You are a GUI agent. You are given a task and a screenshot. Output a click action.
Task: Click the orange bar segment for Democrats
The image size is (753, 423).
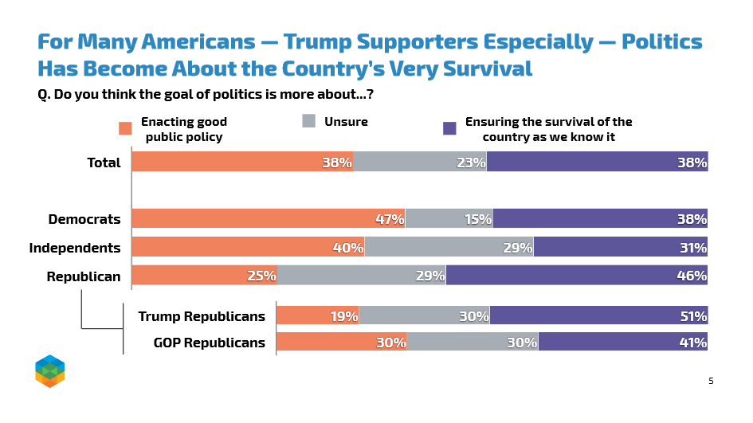click(x=268, y=219)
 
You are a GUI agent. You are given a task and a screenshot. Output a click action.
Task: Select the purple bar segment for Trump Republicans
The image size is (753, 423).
click(x=598, y=316)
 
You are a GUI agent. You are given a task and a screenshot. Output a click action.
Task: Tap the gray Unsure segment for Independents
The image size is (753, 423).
click(x=449, y=248)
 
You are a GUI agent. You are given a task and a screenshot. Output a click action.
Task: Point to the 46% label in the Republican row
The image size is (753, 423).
click(x=693, y=276)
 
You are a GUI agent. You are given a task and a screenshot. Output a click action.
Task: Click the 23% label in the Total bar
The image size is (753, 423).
click(x=472, y=163)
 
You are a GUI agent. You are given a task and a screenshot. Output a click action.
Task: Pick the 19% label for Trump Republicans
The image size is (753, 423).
click(x=344, y=316)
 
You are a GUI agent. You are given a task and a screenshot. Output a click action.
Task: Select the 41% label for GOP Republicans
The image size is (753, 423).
click(x=693, y=343)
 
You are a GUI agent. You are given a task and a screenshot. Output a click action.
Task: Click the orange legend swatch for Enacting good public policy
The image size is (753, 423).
click(x=125, y=128)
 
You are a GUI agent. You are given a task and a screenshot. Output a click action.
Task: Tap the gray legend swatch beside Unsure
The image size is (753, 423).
click(x=309, y=122)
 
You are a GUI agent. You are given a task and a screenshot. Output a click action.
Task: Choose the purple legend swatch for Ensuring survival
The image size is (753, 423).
click(x=449, y=128)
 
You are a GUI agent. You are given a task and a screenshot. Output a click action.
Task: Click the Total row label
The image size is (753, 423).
click(x=104, y=163)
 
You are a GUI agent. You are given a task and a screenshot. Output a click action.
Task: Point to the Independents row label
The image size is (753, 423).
click(x=75, y=248)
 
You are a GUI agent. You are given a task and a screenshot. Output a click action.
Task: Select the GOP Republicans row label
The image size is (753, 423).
click(x=209, y=343)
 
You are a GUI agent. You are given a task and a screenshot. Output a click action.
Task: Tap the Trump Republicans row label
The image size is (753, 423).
click(x=202, y=316)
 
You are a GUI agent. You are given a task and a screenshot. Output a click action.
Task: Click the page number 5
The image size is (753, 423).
click(x=711, y=381)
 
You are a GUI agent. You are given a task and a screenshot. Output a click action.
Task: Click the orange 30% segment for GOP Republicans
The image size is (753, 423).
click(x=341, y=343)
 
